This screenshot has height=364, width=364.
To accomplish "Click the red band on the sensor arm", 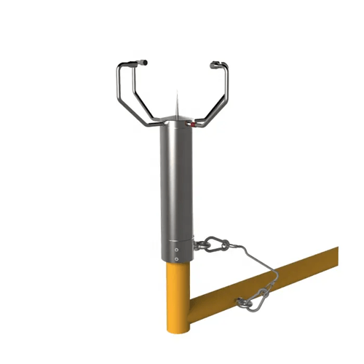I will (193, 125).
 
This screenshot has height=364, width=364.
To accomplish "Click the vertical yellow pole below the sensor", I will (178, 291).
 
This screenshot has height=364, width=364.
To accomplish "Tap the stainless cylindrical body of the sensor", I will (177, 182).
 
